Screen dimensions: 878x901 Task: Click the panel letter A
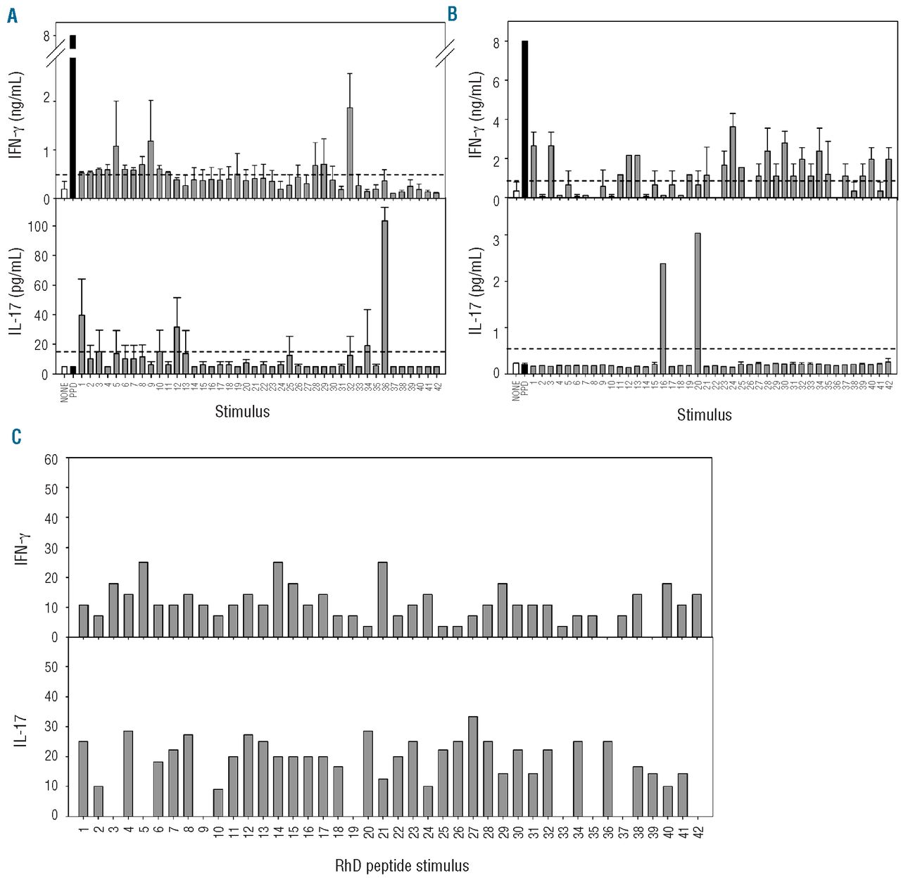coord(12,15)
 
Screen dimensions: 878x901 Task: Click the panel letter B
coord(452,13)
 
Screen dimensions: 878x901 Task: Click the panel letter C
coord(16,437)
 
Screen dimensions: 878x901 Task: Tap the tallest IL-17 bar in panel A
coord(384,296)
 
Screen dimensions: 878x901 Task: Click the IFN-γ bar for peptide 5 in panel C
coord(143,599)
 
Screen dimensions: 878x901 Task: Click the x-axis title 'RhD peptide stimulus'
coord(402,865)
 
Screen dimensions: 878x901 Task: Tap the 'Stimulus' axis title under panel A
coord(242,412)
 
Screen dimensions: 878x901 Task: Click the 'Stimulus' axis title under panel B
coord(704,415)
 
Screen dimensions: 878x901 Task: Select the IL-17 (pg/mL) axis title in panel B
coord(477,289)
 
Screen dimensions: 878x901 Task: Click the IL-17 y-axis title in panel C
coord(21,731)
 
